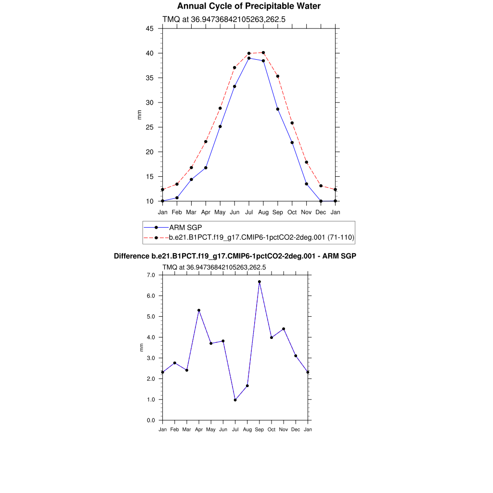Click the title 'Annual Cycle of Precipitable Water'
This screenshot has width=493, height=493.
click(x=249, y=6)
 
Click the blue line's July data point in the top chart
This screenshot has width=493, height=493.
click(x=249, y=58)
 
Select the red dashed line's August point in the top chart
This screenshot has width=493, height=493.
click(x=263, y=52)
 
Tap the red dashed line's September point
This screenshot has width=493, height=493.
click(x=278, y=76)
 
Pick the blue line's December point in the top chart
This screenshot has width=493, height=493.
click(x=321, y=201)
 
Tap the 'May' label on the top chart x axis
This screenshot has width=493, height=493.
click(x=220, y=212)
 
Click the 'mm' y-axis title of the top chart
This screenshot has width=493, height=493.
click(x=140, y=115)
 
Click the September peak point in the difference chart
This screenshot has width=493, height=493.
click(x=259, y=282)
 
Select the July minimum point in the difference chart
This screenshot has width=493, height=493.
click(x=235, y=400)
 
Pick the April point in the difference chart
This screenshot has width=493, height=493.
click(x=199, y=310)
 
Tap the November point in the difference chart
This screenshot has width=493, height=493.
click(x=284, y=329)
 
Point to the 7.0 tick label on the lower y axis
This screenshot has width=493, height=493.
click(x=151, y=275)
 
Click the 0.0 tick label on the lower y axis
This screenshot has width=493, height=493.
click(x=151, y=420)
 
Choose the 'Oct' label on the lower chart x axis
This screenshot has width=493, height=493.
click(x=272, y=429)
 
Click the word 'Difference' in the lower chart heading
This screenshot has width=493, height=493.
click(x=128, y=256)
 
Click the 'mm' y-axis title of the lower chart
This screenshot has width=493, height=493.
click(x=142, y=347)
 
